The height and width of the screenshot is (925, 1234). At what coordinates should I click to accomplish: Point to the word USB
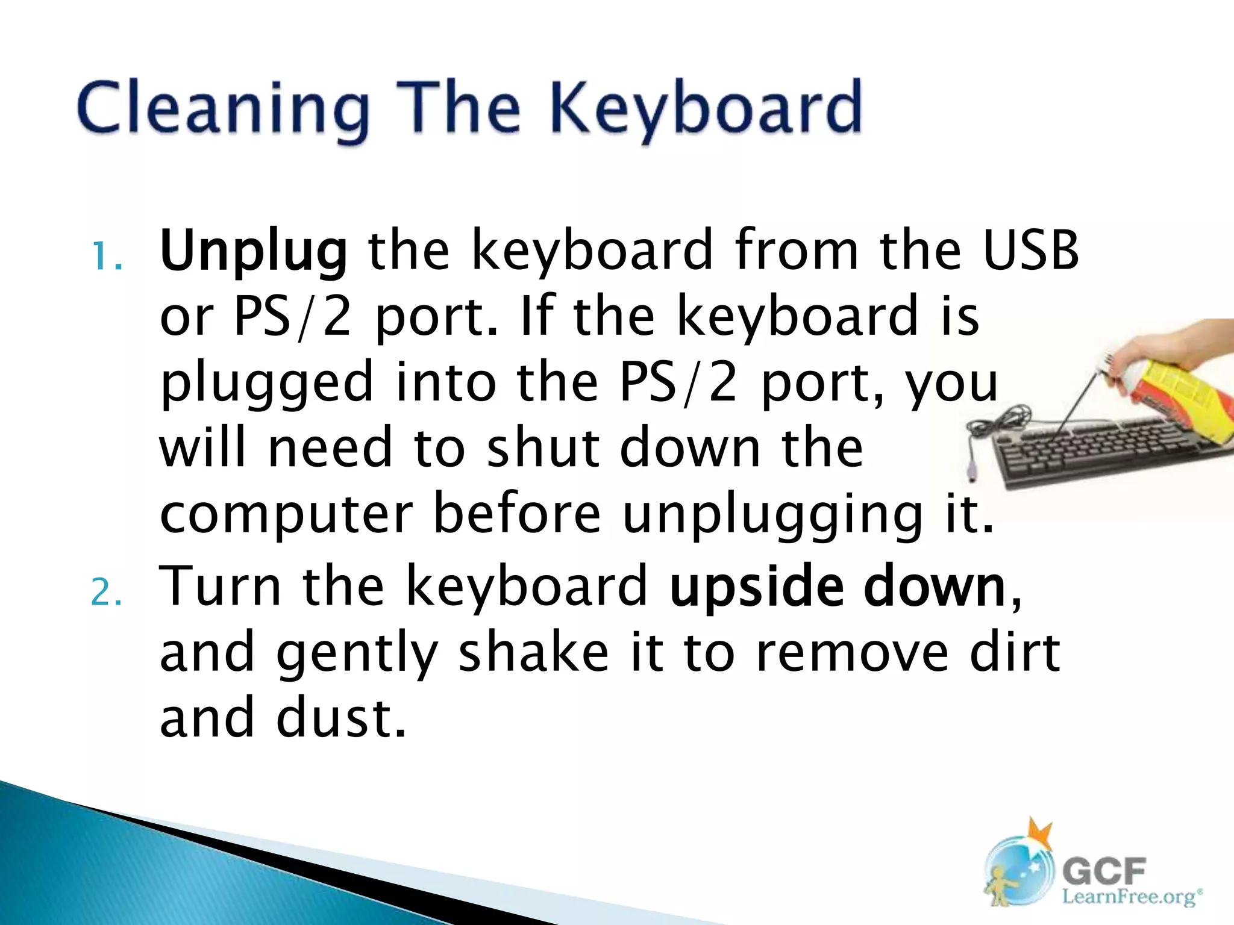(x=1030, y=250)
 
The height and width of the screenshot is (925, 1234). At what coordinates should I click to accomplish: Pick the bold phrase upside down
(x=838, y=587)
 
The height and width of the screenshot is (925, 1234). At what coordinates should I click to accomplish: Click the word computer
(x=286, y=515)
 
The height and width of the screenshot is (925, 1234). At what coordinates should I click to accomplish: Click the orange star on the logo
(x=1039, y=835)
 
